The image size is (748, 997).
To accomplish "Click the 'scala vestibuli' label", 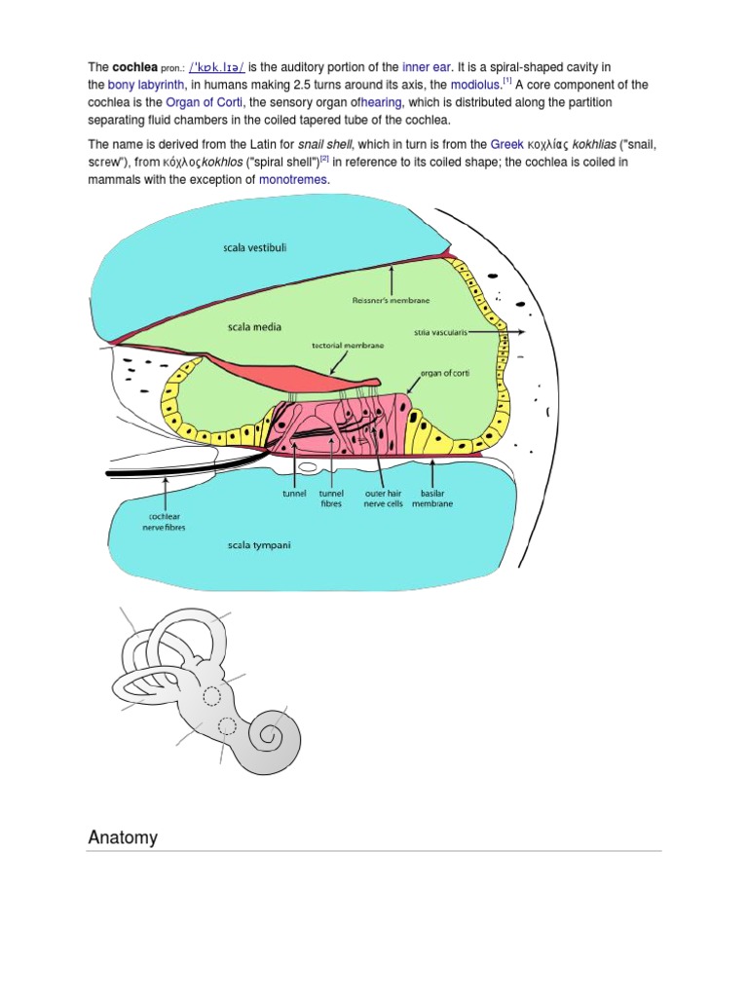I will (x=255, y=248).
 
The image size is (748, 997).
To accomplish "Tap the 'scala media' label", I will (x=254, y=327).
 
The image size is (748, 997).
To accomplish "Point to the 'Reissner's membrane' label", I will (x=391, y=301).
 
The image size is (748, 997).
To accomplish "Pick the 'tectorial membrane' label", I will (x=348, y=346).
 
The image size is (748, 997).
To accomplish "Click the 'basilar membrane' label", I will (x=431, y=498).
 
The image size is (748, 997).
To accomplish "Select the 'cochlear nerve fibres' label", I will (x=147, y=522).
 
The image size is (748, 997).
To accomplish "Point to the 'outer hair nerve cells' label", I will (x=381, y=498).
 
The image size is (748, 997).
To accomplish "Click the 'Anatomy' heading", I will (x=123, y=837).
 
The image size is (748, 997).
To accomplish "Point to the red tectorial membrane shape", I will (x=321, y=375).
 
